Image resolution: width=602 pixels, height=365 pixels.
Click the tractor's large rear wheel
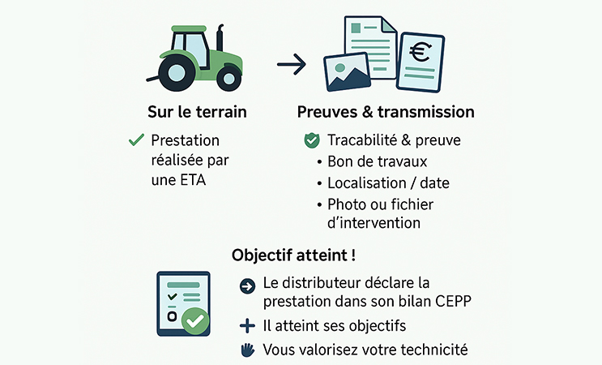pyautogui.click(x=177, y=73)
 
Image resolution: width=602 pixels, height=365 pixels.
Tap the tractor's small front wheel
pyautogui.click(x=228, y=79)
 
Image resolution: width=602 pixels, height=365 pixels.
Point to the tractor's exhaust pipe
pyautogui.click(x=220, y=38)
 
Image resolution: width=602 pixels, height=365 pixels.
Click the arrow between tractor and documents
pyautogui.click(x=292, y=64)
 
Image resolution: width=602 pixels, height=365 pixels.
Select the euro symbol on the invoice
pyautogui.click(x=420, y=52)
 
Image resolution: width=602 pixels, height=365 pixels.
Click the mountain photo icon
pyautogui.click(x=347, y=73)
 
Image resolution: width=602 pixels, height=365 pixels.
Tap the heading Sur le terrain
pyautogui.click(x=197, y=112)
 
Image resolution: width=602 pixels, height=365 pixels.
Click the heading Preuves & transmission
pyautogui.click(x=386, y=112)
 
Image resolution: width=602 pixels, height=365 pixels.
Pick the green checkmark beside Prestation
pyautogui.click(x=137, y=140)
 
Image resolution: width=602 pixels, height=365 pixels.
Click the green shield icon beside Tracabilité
pyautogui.click(x=312, y=140)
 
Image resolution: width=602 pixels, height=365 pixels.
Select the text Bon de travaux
pyautogui.click(x=377, y=161)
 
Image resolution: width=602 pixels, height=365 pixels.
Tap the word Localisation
pyautogui.click(x=367, y=183)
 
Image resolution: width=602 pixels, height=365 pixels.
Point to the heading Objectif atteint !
pyautogui.click(x=293, y=255)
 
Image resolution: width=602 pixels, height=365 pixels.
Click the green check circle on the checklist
pyautogui.click(x=195, y=320)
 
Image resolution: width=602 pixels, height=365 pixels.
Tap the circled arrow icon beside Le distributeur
pyautogui.click(x=247, y=286)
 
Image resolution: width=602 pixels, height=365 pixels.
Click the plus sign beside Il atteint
pyautogui.click(x=247, y=326)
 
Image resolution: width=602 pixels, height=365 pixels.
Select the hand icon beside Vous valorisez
pyautogui.click(x=248, y=350)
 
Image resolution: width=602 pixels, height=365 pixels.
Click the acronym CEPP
pyautogui.click(x=453, y=301)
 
